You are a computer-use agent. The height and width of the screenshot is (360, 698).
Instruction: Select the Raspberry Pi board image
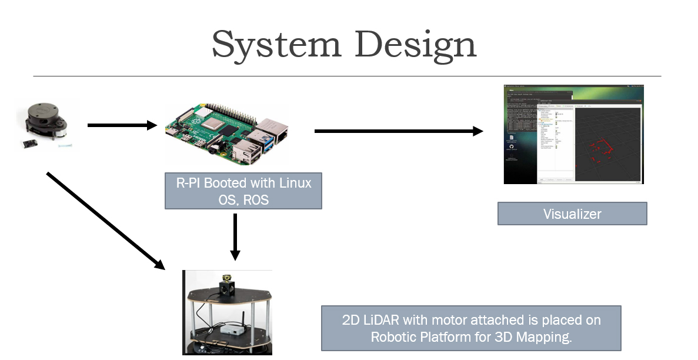227,132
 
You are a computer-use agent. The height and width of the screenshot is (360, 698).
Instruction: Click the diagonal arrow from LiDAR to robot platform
105,221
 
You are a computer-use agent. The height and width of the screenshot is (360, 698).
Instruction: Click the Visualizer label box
572,214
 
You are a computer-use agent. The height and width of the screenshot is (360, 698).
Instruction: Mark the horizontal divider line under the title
347,76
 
